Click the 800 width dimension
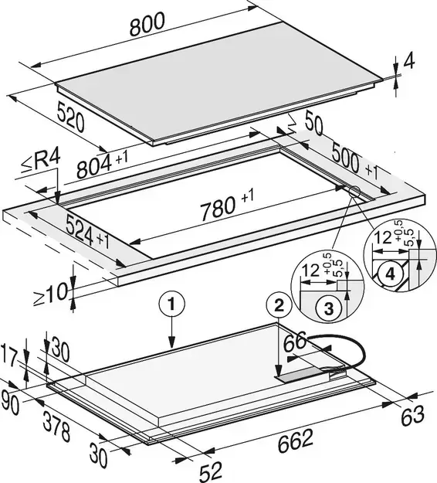[147, 24]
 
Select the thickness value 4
[408, 61]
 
